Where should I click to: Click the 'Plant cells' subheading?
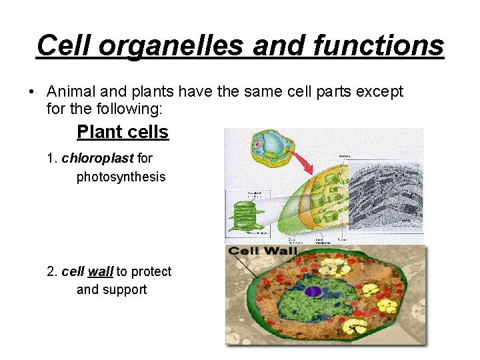(123, 132)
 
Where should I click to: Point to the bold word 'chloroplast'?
(97, 159)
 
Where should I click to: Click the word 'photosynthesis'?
(121, 177)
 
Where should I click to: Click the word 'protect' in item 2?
(151, 271)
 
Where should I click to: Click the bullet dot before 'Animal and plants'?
(31, 91)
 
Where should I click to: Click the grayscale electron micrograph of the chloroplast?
(386, 197)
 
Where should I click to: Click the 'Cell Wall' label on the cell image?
(263, 251)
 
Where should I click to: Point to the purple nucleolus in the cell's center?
(313, 291)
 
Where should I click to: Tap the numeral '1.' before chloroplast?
(52, 159)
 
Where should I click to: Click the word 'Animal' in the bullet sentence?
(69, 91)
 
